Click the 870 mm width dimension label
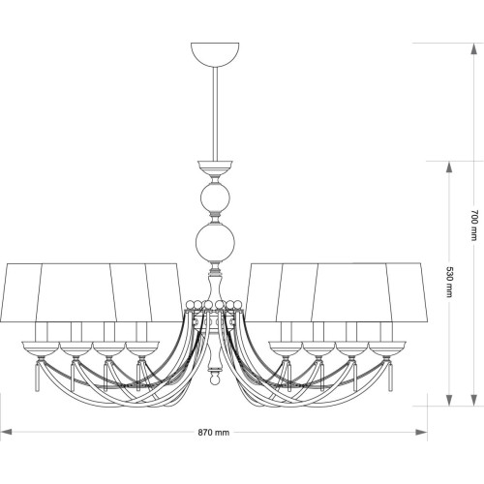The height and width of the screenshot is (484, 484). click(214, 432)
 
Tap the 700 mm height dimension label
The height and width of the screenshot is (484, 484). click(473, 225)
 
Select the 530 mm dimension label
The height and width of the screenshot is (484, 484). click(449, 282)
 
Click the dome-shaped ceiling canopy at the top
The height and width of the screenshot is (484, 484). click(215, 54)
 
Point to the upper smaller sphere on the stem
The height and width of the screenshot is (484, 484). click(215, 197)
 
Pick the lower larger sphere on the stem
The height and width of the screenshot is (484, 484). click(215, 243)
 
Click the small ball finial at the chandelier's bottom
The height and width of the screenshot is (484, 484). click(214, 380)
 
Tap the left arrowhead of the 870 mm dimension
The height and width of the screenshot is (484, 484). click(7, 432)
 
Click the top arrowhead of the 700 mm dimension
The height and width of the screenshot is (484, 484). click(473, 49)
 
